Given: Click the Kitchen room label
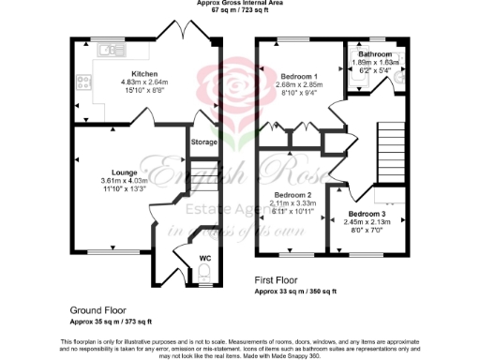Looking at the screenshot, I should pos(144,73).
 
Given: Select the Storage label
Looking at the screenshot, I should pos(204,142).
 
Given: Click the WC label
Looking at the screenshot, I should pos(205,257).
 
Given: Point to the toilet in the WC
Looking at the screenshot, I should pos(205,274).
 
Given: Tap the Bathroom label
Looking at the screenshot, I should pos(380,55).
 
